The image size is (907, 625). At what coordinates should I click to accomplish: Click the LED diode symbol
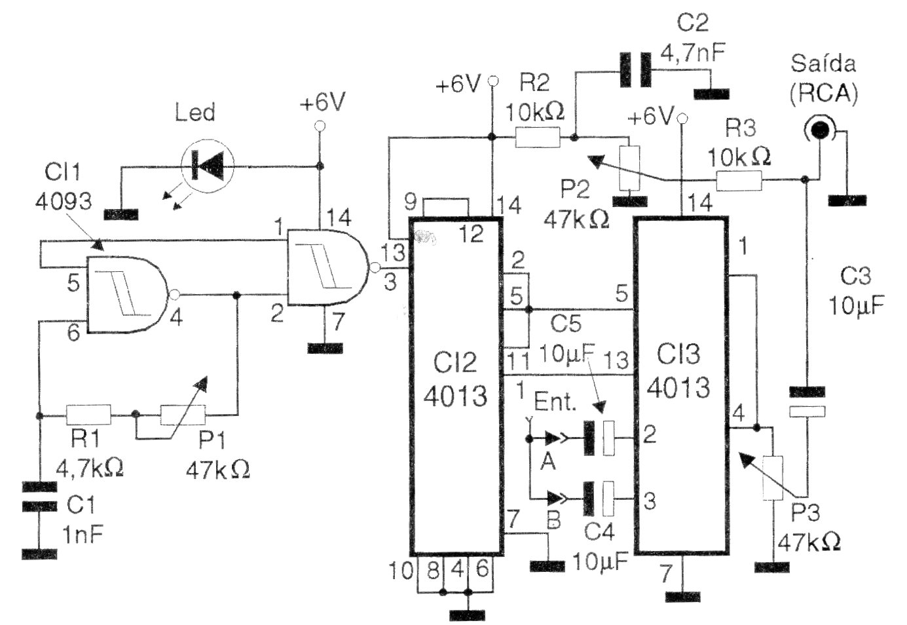point(208,165)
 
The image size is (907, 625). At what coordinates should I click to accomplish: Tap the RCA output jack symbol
point(819,130)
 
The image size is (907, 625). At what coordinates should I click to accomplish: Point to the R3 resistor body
point(739,181)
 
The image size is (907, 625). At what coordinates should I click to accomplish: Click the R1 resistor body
point(88,414)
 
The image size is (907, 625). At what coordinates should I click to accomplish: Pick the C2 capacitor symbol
point(636,69)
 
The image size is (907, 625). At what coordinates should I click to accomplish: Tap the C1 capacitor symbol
point(39,496)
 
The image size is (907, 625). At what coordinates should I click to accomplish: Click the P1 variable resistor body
point(183,414)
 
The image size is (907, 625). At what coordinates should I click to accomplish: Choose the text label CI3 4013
point(678,371)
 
